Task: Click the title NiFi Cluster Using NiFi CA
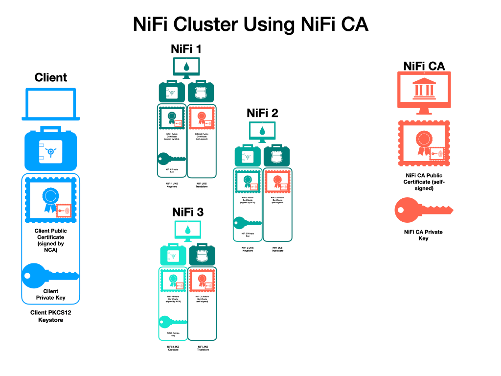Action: (250, 24)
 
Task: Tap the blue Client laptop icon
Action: (51, 104)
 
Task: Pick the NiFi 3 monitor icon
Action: (188, 230)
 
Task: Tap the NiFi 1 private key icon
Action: (172, 158)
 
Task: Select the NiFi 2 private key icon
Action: (248, 222)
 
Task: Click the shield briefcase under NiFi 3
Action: (202, 255)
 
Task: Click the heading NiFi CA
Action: (424, 66)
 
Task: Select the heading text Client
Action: (51, 77)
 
